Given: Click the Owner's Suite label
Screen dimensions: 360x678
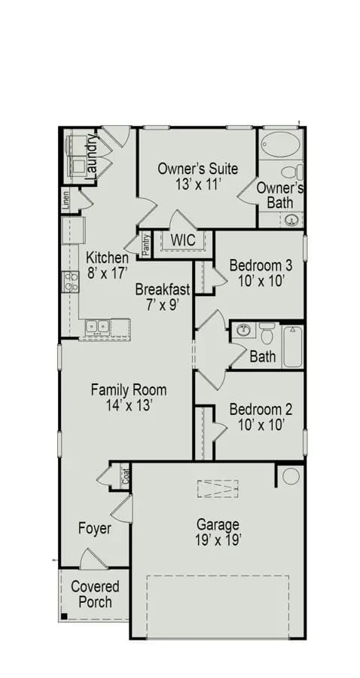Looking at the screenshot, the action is click(197, 168).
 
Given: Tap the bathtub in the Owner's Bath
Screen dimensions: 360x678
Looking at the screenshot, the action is click(282, 145).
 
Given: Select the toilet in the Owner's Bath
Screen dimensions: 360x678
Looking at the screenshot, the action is click(292, 173).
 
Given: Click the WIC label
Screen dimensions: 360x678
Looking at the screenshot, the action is click(183, 240).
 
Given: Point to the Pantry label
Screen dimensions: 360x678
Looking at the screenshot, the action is click(146, 246).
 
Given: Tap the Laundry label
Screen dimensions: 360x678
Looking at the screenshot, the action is click(91, 157).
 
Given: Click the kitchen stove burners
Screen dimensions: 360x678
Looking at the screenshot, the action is click(71, 282).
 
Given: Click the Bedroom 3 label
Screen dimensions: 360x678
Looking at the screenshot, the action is click(261, 264).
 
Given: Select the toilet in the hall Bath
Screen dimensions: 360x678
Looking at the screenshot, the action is click(267, 333).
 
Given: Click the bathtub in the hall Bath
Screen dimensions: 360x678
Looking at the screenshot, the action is click(292, 347).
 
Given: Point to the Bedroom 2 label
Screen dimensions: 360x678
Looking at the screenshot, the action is click(261, 408).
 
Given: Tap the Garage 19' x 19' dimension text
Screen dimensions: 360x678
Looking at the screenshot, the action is click(218, 540).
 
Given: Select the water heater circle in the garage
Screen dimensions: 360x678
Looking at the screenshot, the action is click(291, 476).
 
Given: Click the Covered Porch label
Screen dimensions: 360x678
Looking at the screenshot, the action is click(95, 594).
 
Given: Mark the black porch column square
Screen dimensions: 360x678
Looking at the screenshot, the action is click(64, 616).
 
